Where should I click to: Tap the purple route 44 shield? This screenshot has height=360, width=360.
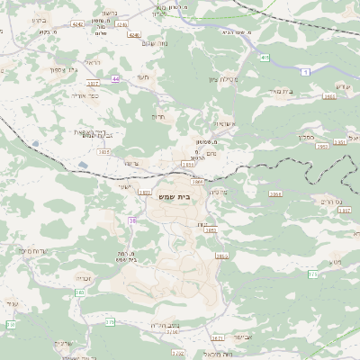coord(116,79)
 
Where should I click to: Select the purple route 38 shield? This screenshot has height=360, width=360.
coord(133,220)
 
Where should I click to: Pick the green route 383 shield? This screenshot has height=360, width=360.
coord(80,292)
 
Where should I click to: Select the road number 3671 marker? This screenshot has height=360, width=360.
coord(217,337)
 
